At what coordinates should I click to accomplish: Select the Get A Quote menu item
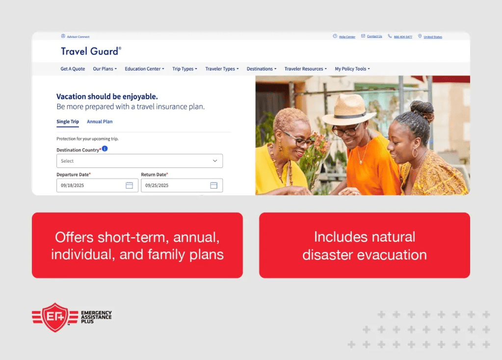pos(73,69)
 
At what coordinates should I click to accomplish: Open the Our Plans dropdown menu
pos(105,69)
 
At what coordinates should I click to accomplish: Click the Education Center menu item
pos(144,69)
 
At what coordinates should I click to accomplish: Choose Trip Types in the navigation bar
pos(185,69)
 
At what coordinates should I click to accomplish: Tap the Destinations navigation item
pos(261,69)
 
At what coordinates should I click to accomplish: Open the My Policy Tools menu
pos(352,69)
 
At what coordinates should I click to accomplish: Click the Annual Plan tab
pos(100,122)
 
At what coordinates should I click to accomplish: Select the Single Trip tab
pos(68,122)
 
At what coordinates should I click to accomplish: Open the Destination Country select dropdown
pos(139,161)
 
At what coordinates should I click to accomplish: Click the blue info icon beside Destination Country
pos(105,149)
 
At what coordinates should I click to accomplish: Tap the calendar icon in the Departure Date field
pos(129,185)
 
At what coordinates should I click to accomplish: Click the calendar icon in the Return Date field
pos(213,185)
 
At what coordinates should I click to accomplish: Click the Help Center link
pos(347,37)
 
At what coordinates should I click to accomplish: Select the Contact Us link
pos(374,36)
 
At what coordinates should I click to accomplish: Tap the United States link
pos(432,37)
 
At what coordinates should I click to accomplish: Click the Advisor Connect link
pos(78,37)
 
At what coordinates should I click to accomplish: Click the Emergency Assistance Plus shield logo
pos(55,317)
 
